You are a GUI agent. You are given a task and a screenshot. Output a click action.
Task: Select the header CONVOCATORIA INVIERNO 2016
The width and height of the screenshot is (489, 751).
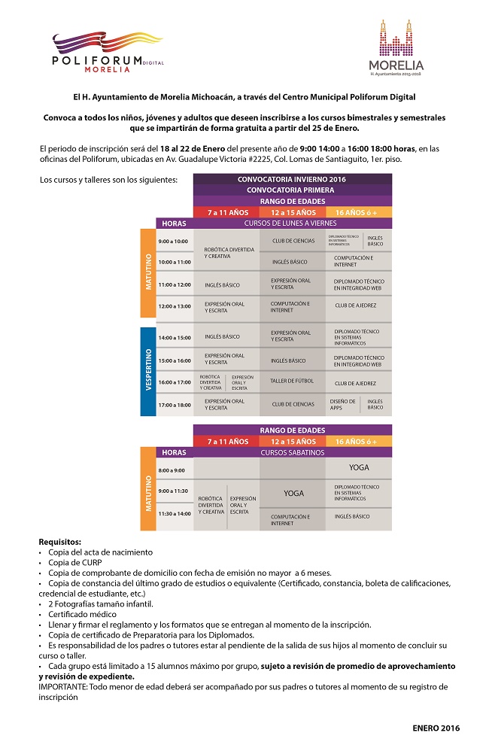click(x=292, y=179)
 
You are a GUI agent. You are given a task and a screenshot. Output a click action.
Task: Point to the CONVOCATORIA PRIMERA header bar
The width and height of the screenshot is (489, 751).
click(x=292, y=190)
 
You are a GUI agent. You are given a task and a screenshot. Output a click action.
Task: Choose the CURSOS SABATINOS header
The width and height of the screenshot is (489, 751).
click(x=292, y=453)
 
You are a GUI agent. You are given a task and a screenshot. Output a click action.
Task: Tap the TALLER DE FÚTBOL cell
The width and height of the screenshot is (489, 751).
click(x=292, y=382)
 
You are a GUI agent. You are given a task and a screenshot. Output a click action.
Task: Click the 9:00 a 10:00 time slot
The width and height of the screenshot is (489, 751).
click(x=173, y=242)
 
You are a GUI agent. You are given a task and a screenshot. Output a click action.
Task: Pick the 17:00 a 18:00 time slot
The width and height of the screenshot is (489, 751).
click(x=173, y=405)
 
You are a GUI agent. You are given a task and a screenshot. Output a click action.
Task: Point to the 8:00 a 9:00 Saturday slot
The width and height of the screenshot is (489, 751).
click(x=172, y=470)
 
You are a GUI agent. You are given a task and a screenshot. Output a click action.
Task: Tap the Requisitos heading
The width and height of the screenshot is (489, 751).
click(x=59, y=542)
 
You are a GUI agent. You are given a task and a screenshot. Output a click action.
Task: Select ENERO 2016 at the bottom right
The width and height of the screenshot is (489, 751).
click(x=436, y=728)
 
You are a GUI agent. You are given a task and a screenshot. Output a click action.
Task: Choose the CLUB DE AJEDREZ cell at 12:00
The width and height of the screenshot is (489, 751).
click(x=355, y=306)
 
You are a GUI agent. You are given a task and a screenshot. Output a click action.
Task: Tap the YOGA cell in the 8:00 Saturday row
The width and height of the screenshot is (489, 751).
click(x=359, y=468)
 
